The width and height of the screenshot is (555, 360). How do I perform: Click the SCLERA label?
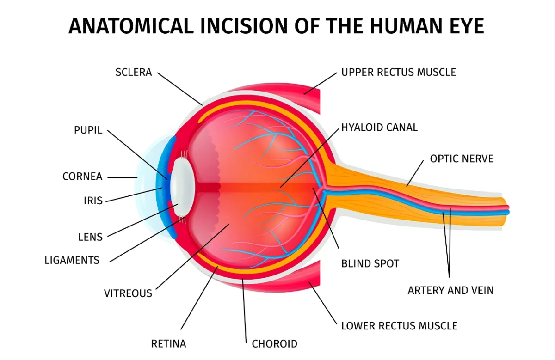pyautogui.click(x=133, y=73)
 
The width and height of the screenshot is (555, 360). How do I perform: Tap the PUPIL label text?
pyautogui.click(x=88, y=130)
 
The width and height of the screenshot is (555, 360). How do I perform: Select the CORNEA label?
pyautogui.click(x=82, y=177)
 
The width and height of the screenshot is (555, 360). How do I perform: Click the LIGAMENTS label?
pyautogui.click(x=72, y=260)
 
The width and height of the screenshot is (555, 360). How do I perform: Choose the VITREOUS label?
pyautogui.click(x=128, y=293)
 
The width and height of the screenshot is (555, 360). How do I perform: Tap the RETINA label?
pyautogui.click(x=168, y=344)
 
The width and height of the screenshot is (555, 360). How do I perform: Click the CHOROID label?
pyautogui.click(x=274, y=344)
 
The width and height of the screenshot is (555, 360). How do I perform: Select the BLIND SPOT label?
pyautogui.click(x=370, y=264)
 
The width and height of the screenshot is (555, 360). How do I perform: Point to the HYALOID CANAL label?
pyautogui.click(x=379, y=127)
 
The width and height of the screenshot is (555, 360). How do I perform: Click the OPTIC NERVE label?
pyautogui.click(x=462, y=159)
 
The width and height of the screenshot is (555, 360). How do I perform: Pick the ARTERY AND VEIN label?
pyautogui.click(x=450, y=290)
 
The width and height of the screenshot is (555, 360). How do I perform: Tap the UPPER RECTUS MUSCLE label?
pyautogui.click(x=398, y=73)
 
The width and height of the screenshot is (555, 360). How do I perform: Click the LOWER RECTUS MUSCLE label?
pyautogui.click(x=399, y=326)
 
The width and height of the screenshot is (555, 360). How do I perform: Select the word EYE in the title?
pyautogui.click(x=464, y=27)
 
